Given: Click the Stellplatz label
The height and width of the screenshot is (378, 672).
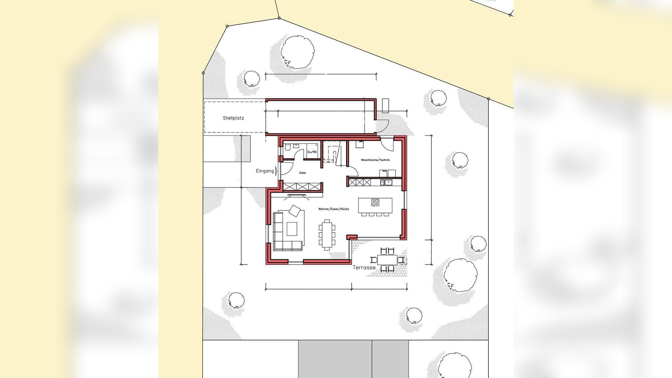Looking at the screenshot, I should [x=233, y=118].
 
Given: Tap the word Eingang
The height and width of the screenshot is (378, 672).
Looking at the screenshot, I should [x=265, y=171].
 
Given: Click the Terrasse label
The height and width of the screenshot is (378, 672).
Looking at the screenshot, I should [x=364, y=268].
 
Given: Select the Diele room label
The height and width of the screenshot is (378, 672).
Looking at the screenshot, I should [x=302, y=173].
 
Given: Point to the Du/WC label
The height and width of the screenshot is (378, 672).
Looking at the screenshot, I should [x=312, y=152].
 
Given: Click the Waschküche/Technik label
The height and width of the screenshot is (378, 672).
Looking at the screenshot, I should [x=375, y=160].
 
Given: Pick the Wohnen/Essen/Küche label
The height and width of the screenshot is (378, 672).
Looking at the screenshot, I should [x=333, y=209].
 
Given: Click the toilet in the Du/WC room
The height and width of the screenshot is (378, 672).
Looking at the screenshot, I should [x=287, y=147].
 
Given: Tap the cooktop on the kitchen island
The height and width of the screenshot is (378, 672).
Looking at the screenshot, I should [x=375, y=203].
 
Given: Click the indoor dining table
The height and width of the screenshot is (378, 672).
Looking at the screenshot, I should [x=327, y=235].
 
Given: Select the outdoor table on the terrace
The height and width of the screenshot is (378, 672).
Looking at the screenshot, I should [x=387, y=260].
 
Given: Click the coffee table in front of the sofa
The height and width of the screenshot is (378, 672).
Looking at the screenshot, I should [x=292, y=229].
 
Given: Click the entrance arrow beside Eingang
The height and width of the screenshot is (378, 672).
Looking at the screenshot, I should [x=276, y=171].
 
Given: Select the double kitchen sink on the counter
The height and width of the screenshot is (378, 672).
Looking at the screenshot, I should [x=386, y=182].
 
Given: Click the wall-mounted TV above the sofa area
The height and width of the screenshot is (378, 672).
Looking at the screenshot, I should [x=296, y=196].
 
